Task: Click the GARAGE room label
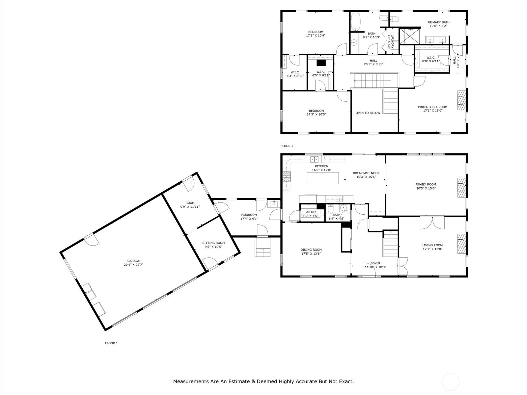(133, 261)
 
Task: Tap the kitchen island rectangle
(323, 178)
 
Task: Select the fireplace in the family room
(461, 187)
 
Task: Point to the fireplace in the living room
(461, 244)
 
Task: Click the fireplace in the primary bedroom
(461, 100)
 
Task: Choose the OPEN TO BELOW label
(368, 113)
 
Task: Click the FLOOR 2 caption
(287, 146)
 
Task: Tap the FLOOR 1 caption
(111, 343)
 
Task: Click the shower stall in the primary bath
(410, 36)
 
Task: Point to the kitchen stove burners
(287, 176)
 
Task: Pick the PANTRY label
(310, 212)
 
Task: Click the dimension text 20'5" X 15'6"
(426, 188)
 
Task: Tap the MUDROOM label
(249, 215)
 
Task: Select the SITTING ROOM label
(213, 243)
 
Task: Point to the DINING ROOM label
(311, 250)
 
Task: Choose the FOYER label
(375, 263)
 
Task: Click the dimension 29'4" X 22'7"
(133, 265)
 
